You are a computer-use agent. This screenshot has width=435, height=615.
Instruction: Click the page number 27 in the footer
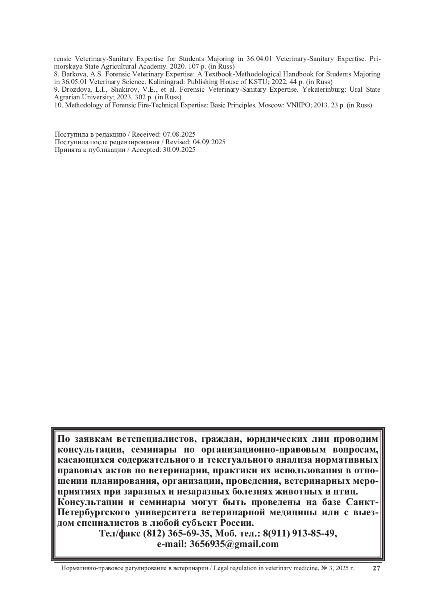pos(376,568)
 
